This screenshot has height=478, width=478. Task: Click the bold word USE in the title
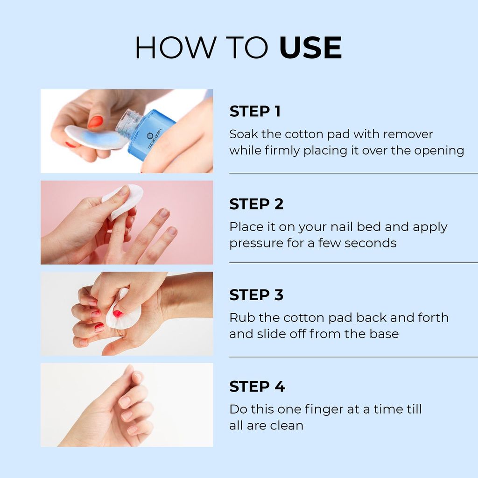coord(310,48)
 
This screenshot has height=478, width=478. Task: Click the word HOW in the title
coord(176,48)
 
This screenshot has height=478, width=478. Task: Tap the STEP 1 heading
coord(255,111)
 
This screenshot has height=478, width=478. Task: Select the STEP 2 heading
coord(256,204)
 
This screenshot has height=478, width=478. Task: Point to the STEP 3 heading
coord(256,295)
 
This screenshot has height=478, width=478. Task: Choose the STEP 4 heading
coord(257,386)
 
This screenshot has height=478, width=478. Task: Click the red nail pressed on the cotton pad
coord(117,313)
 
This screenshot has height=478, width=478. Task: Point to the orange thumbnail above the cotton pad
coord(95,122)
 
